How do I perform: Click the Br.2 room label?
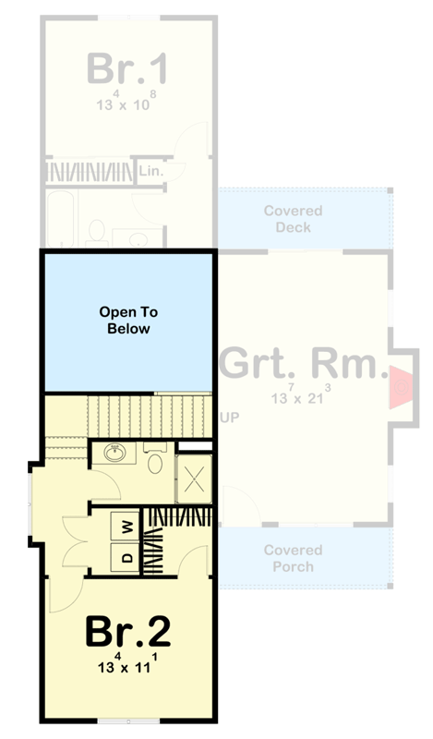pyautogui.click(x=127, y=632)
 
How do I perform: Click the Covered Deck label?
pyautogui.click(x=294, y=219)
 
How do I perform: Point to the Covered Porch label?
pyautogui.click(x=294, y=558)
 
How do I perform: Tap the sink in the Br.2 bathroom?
pyautogui.click(x=115, y=454)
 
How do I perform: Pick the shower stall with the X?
pyautogui.click(x=195, y=480)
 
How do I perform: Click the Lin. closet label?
pyautogui.click(x=150, y=172)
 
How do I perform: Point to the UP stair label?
pyautogui.click(x=230, y=418)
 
